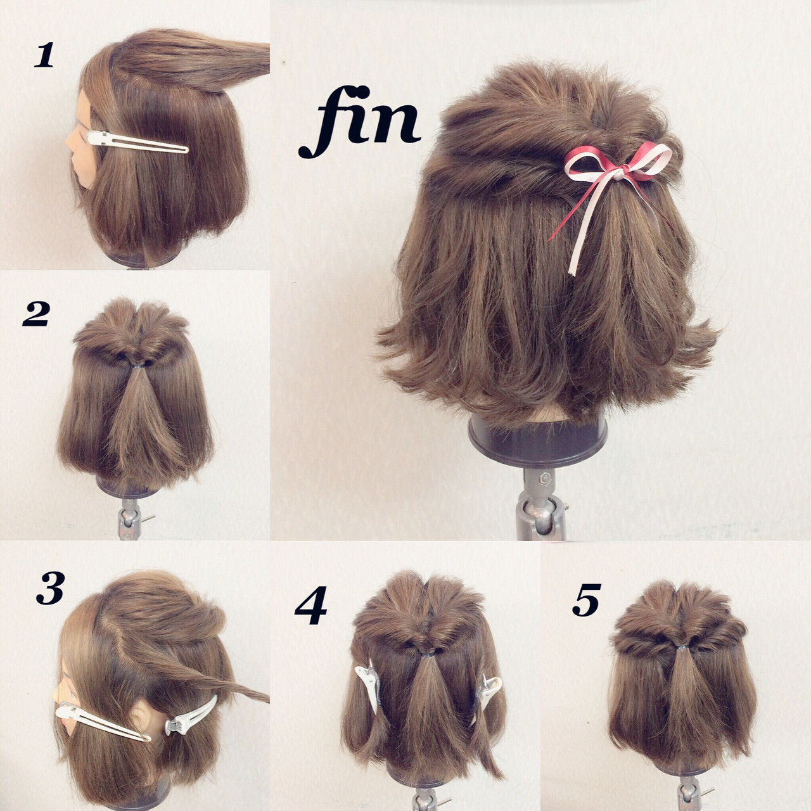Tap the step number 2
pyautogui.click(x=35, y=316)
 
